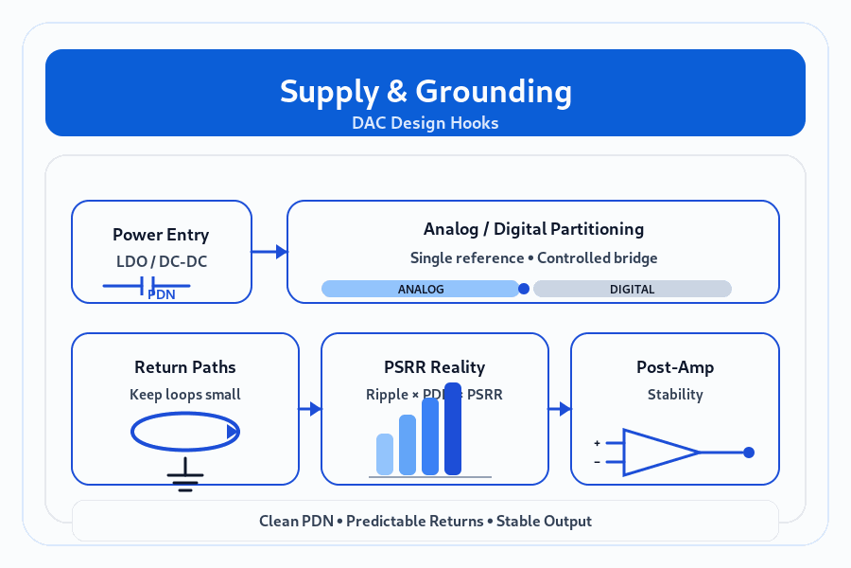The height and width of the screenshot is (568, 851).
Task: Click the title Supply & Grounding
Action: click(425, 92)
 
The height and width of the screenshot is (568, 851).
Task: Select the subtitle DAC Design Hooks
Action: click(425, 123)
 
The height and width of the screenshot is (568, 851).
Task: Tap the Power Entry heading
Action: click(161, 235)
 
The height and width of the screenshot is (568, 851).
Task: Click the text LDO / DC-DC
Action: click(161, 261)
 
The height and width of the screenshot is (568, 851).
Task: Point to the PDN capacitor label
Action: click(162, 294)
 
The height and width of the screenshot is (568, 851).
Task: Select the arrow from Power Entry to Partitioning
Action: click(269, 252)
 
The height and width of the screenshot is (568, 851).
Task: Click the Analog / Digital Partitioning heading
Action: click(533, 229)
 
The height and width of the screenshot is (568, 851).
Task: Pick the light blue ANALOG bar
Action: click(421, 289)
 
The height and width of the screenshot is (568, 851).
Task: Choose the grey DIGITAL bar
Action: click(633, 289)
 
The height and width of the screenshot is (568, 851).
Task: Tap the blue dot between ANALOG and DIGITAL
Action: click(524, 289)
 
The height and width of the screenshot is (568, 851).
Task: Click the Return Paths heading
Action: click(185, 367)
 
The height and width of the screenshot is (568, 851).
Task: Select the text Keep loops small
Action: click(185, 394)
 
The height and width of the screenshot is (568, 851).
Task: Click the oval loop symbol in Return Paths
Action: click(185, 433)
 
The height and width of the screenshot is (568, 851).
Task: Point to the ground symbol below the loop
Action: click(185, 478)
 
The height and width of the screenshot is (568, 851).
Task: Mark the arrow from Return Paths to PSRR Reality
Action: click(310, 409)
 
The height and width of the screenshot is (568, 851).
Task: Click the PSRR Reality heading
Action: click(435, 367)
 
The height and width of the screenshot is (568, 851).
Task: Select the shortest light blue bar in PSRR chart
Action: click(385, 454)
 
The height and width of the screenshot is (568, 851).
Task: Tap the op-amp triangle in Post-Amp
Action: click(657, 453)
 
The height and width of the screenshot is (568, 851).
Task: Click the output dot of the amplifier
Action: click(749, 453)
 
